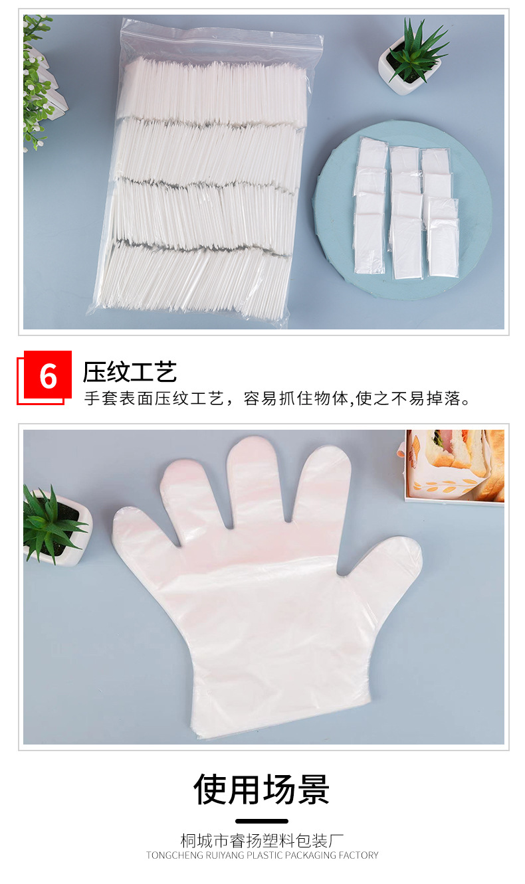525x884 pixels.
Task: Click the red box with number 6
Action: coord(47,375)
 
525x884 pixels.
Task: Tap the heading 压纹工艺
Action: coord(130,373)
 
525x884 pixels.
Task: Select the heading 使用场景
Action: coord(262,790)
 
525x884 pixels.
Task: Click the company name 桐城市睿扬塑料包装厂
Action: coord(262,840)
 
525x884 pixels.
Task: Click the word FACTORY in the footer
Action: coord(359,855)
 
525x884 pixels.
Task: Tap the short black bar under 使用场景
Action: coord(262,821)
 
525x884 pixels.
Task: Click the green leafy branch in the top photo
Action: coord(37,80)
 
